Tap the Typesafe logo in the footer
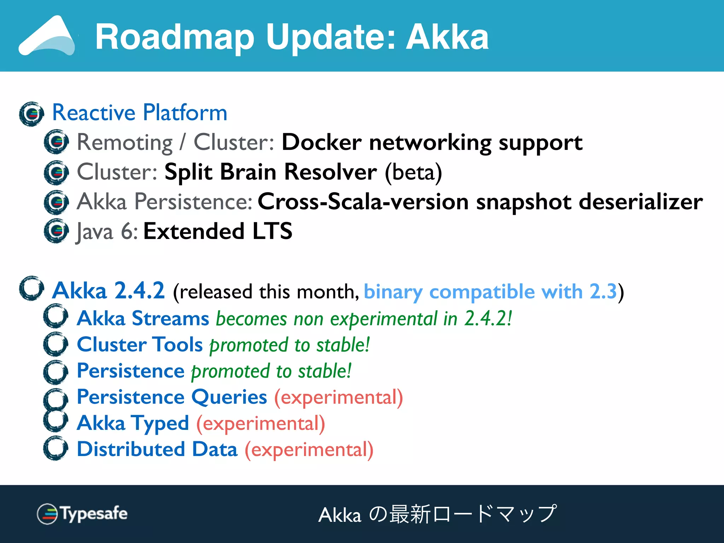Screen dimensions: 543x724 click(82, 513)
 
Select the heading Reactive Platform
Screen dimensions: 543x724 click(140, 113)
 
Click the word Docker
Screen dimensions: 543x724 click(321, 142)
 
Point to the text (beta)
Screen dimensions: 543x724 click(413, 173)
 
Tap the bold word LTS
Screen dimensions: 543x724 click(272, 231)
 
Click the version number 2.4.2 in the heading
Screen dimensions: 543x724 click(140, 291)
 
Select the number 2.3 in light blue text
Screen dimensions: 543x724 click(603, 292)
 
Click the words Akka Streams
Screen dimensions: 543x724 click(143, 318)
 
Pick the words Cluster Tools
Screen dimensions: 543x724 click(140, 344)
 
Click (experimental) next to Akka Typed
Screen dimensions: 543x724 click(261, 424)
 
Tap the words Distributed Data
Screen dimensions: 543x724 click(157, 449)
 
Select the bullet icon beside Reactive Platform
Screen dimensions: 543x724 click(31, 114)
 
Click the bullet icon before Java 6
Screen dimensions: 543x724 click(56, 231)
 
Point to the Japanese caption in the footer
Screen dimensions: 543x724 click(438, 514)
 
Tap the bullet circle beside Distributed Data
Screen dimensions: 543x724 click(56, 448)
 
